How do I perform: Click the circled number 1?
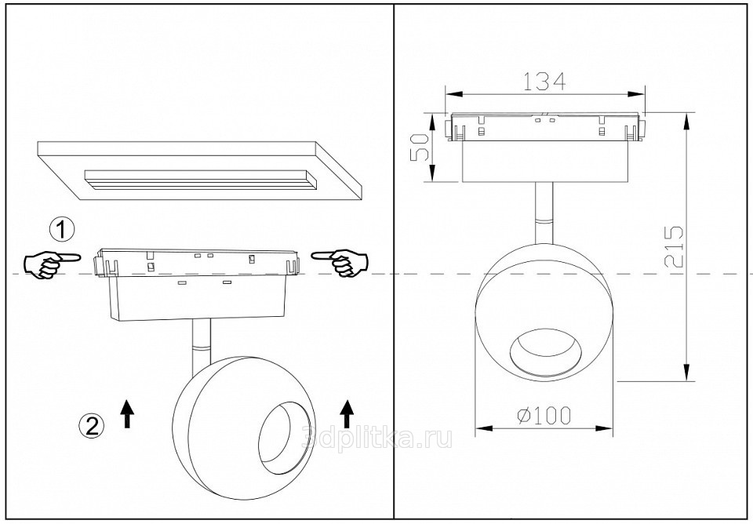click(63, 230)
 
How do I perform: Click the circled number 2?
click(91, 425)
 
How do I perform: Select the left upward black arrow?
click(127, 413)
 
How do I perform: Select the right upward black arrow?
click(347, 413)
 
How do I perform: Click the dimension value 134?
click(544, 82)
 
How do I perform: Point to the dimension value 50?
click(420, 147)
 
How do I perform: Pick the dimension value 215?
click(673, 246)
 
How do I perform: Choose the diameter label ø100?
click(544, 416)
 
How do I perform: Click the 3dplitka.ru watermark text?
click(377, 438)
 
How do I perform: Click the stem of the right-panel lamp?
click(544, 213)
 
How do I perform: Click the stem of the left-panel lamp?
click(201, 347)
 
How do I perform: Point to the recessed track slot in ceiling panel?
click(201, 180)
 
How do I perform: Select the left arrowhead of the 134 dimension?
click(454, 94)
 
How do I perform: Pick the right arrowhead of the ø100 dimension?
click(604, 428)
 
